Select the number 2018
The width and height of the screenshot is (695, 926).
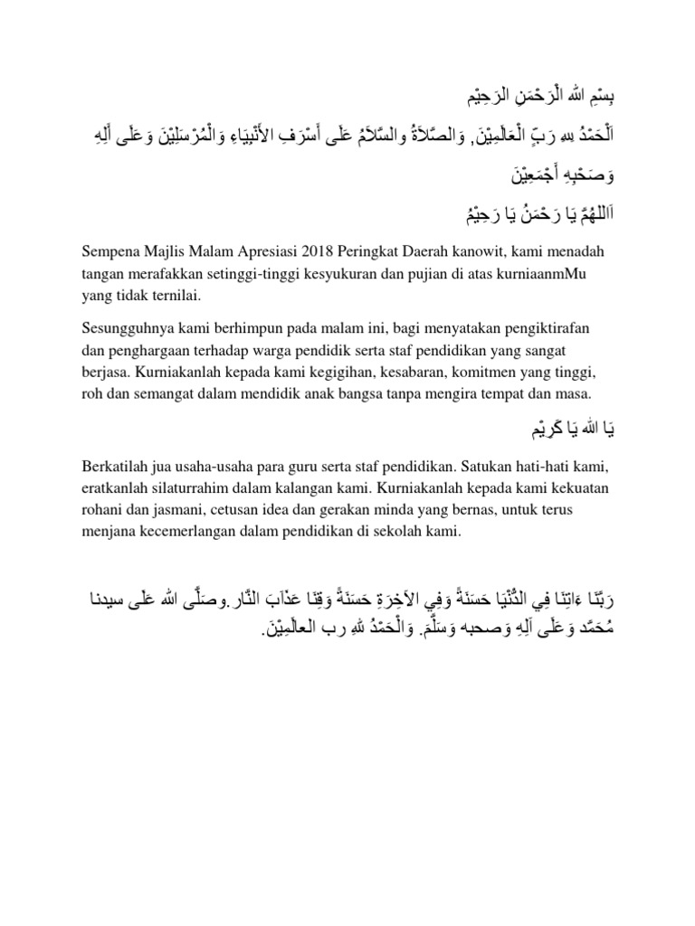click(x=326, y=250)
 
